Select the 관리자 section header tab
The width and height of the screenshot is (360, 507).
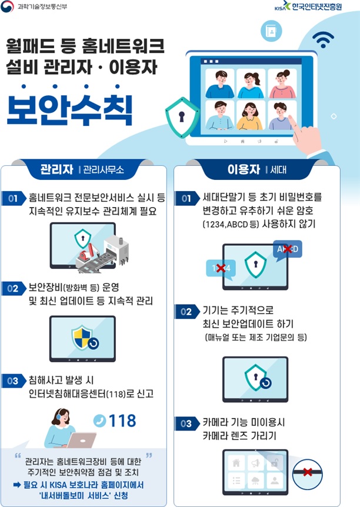coord(56,171)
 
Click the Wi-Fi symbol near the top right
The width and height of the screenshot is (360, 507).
coord(322,39)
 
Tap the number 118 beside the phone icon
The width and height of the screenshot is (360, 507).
coord(122,420)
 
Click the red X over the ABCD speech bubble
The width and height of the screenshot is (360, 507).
coord(288,249)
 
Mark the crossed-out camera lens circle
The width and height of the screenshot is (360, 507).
coord(308,472)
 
